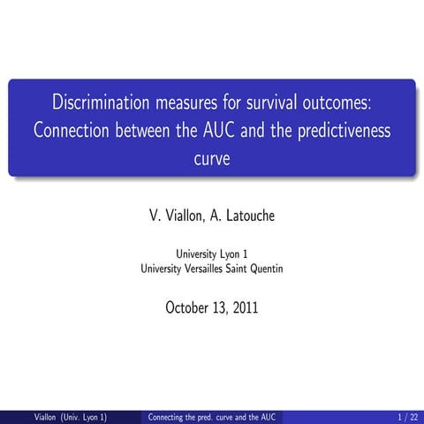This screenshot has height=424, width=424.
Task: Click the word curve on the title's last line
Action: click(211, 161)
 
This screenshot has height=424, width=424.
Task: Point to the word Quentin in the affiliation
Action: click(264, 269)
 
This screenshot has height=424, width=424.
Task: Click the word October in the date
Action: click(188, 308)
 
